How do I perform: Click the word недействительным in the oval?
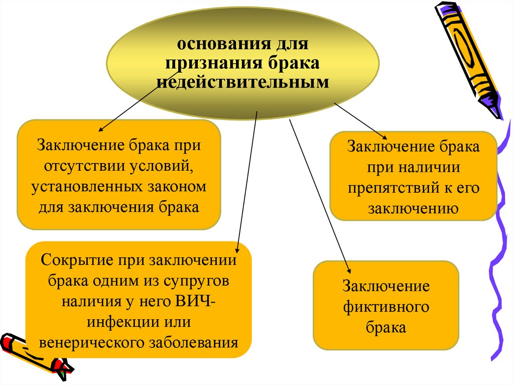tap(243, 82)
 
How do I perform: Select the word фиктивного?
tap(385, 307)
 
